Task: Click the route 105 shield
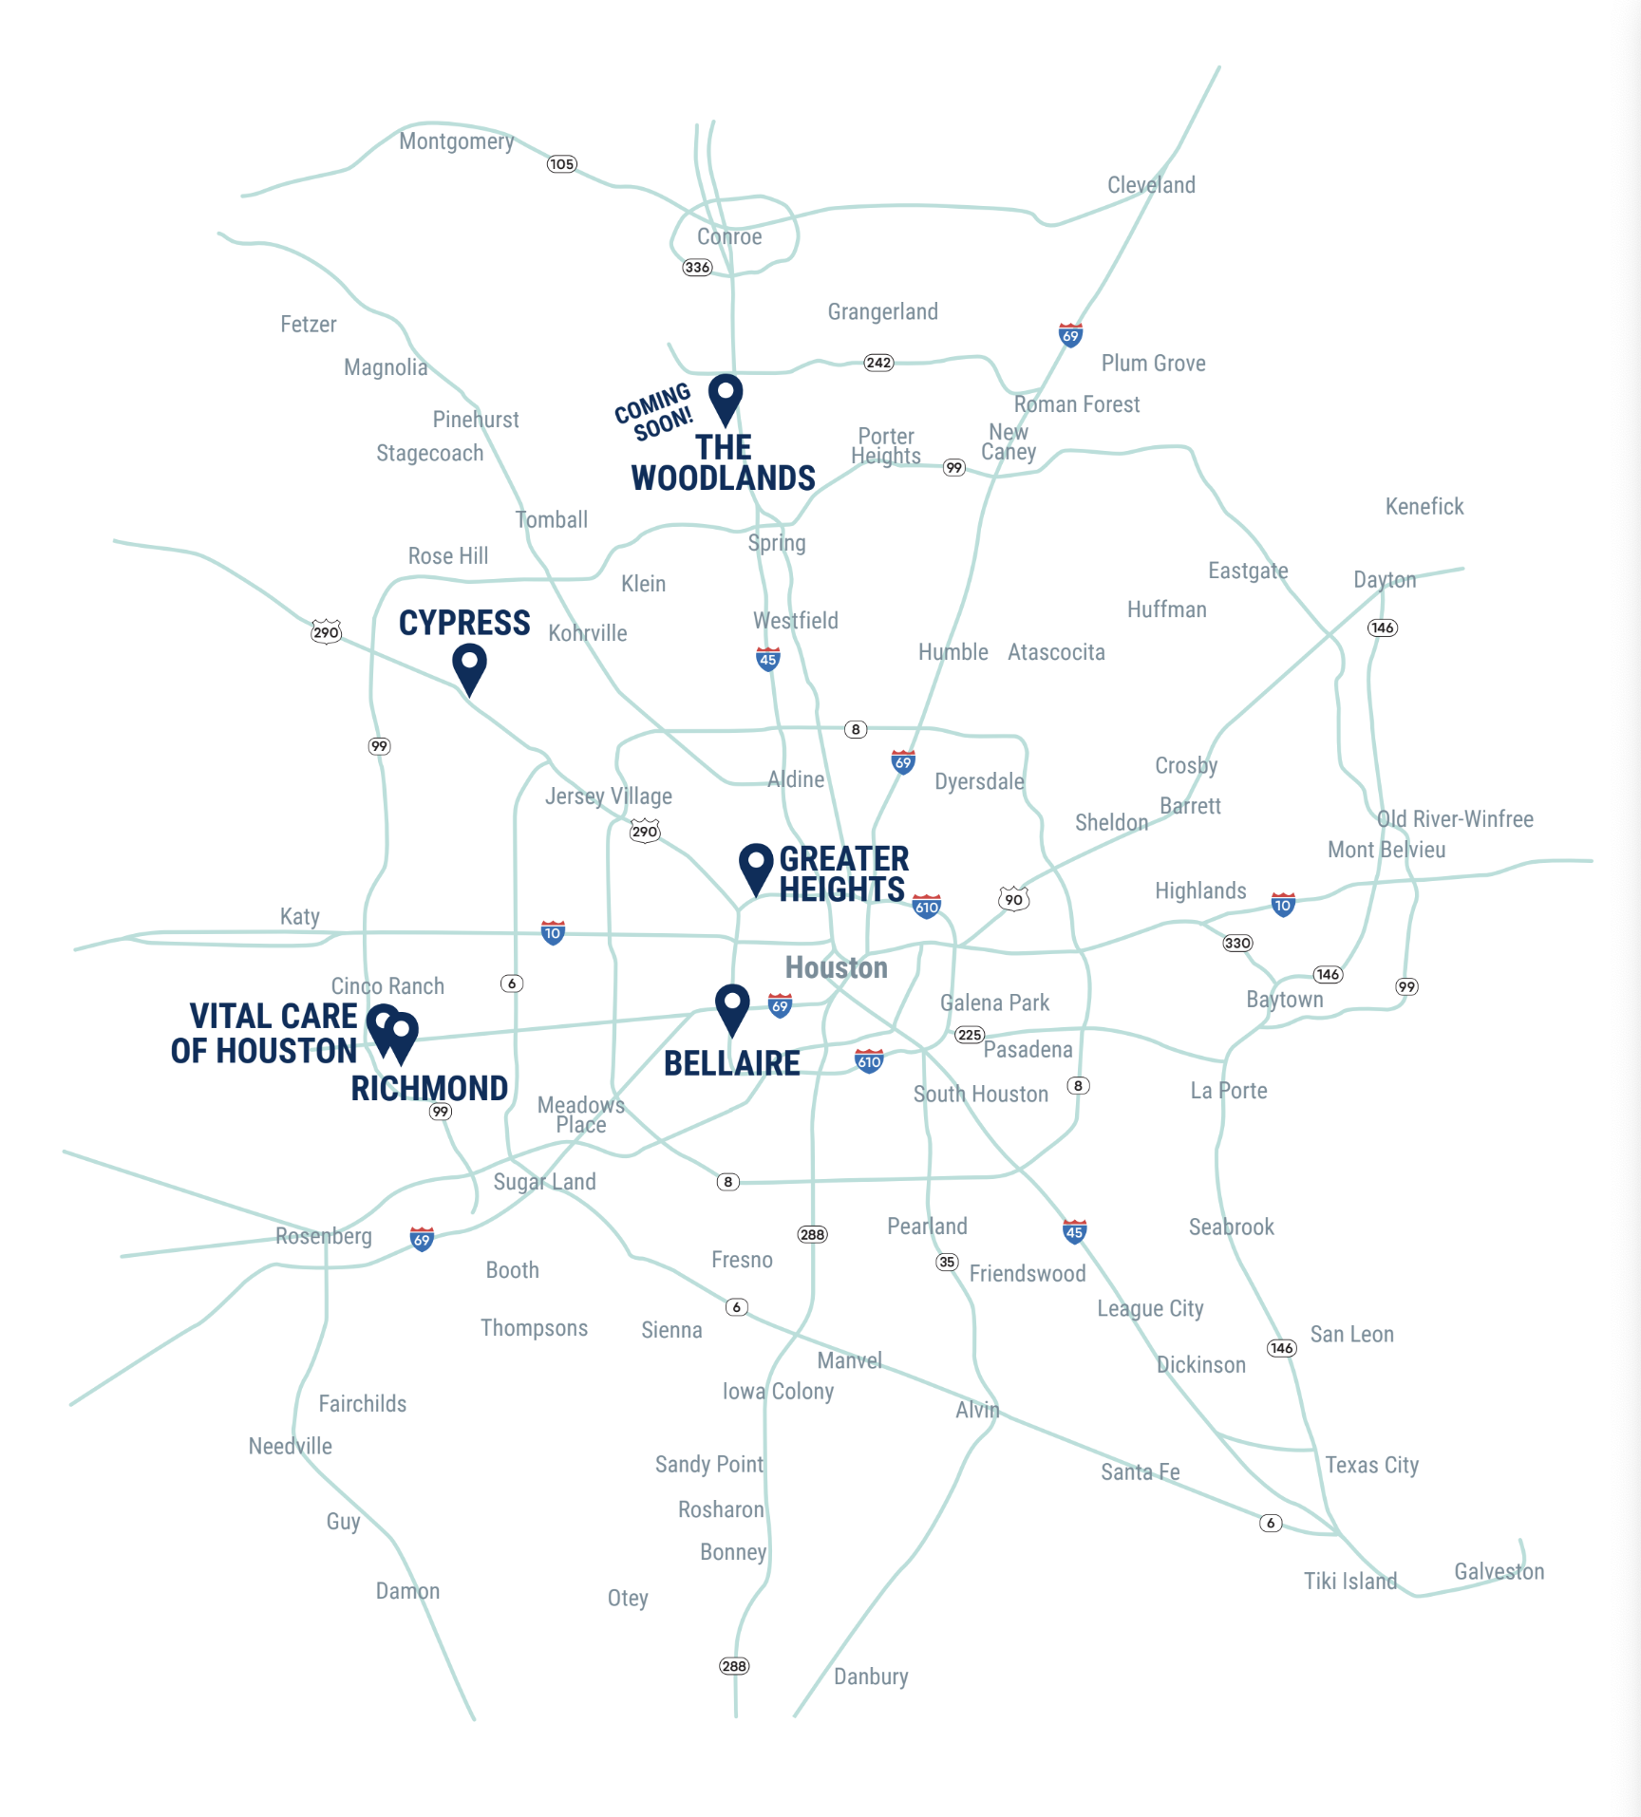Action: pos(561,164)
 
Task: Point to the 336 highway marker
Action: pos(697,268)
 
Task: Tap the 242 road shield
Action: pos(878,363)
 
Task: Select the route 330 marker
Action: pos(1237,943)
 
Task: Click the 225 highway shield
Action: pos(970,1035)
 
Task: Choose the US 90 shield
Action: pos(1014,899)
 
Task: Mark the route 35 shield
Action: pos(947,1262)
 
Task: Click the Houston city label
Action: pos(837,968)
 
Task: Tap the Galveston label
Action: pos(1499,1572)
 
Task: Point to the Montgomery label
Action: pos(456,141)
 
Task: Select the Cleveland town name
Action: pos(1151,185)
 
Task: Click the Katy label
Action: pos(299,917)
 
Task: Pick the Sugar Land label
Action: pos(544,1182)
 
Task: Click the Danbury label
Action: pos(871,1677)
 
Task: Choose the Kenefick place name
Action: pos(1424,507)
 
